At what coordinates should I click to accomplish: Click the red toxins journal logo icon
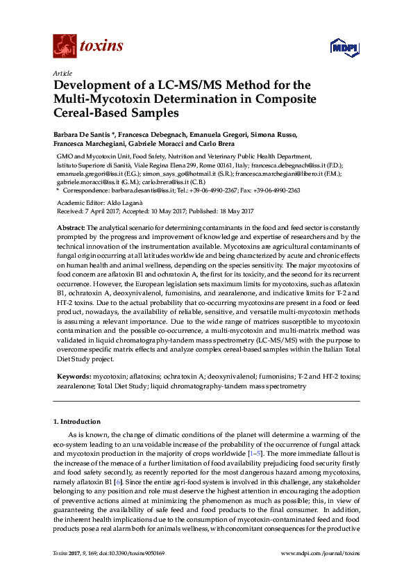click(x=65, y=46)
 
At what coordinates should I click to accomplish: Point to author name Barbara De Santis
click(x=83, y=135)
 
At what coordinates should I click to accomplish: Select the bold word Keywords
click(x=73, y=376)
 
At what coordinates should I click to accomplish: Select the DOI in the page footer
click(x=138, y=573)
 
